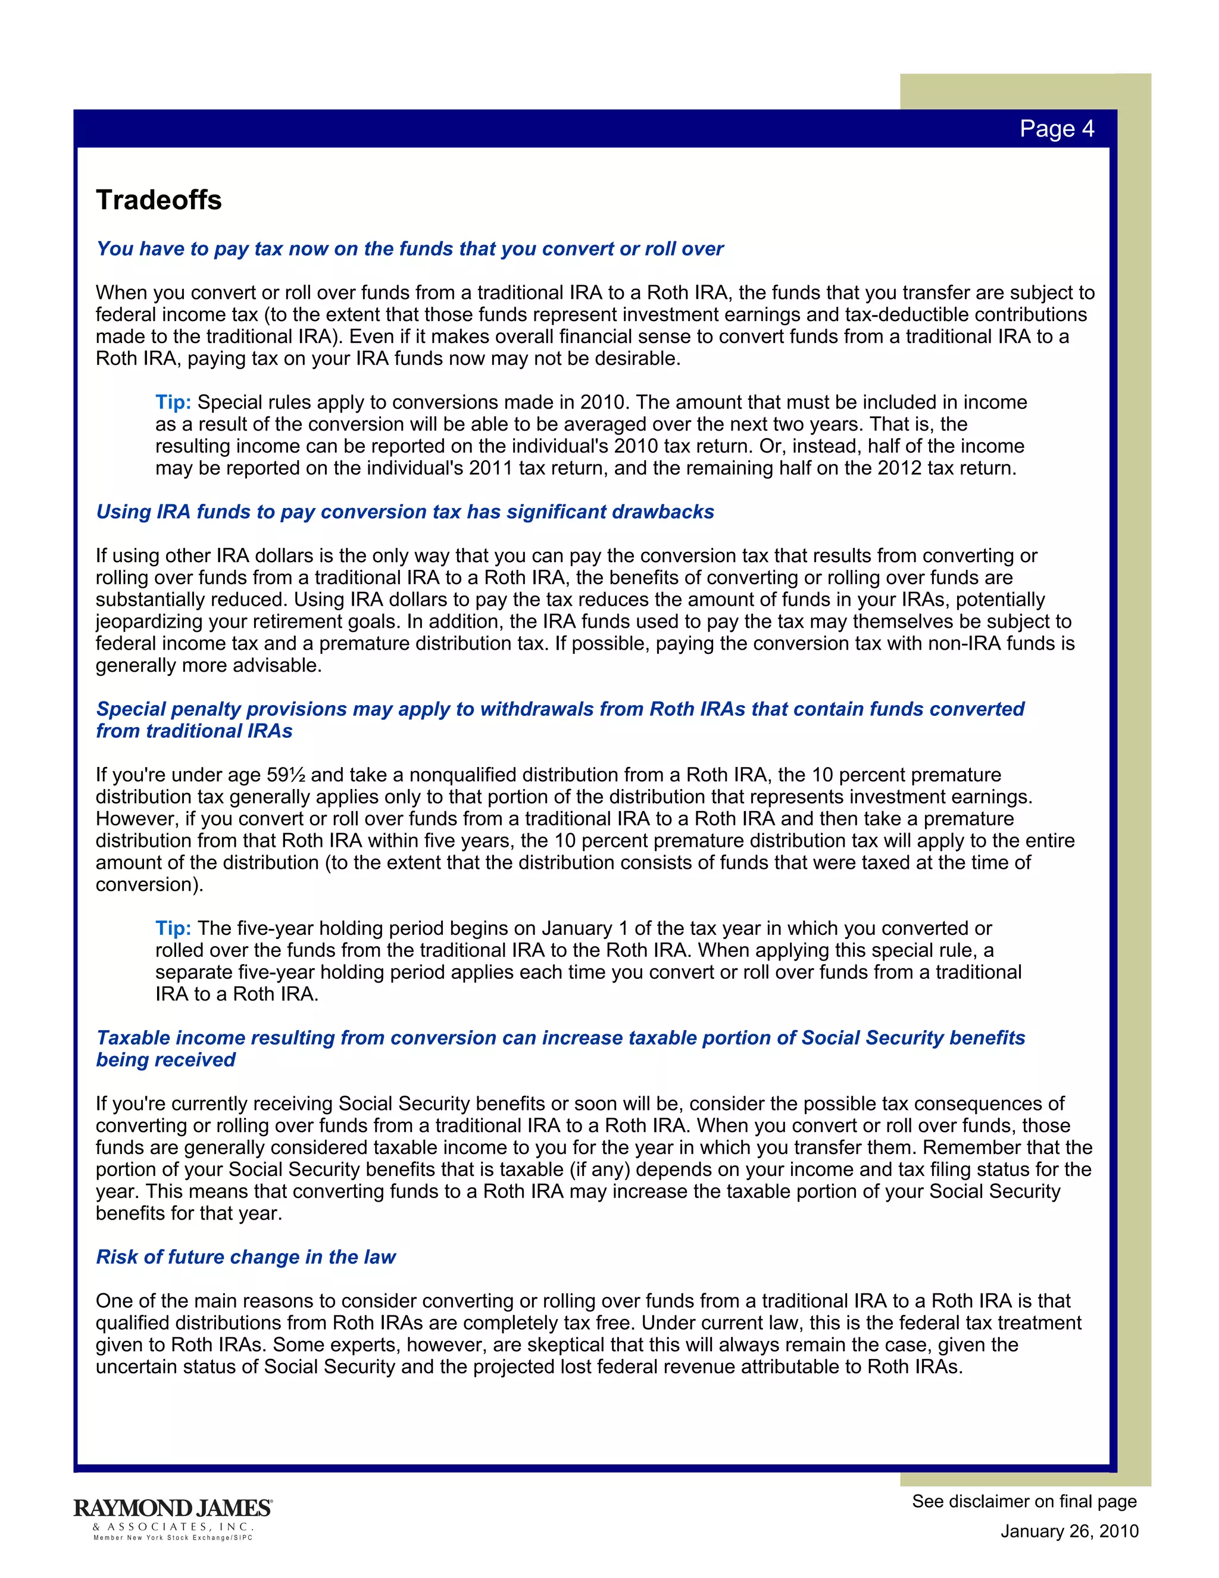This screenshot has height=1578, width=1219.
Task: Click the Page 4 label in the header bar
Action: (1056, 129)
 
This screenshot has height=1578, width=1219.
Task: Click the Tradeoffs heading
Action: (159, 200)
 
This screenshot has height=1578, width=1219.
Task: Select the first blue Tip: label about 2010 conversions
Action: (173, 403)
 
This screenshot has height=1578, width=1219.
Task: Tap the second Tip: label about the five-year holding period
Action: (173, 928)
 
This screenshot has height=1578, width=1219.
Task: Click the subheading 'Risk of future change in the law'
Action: (246, 1256)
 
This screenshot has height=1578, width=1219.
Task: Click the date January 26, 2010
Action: (1069, 1531)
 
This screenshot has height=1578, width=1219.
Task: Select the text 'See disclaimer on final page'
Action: (1023, 1501)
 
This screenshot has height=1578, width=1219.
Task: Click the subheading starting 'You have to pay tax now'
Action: (410, 250)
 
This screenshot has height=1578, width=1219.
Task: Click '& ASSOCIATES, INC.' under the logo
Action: (173, 1527)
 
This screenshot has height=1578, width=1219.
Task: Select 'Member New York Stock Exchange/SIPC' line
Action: (173, 1538)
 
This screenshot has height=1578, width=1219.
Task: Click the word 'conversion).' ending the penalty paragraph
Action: (149, 885)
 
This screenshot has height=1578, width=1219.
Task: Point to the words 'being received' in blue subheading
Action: (165, 1060)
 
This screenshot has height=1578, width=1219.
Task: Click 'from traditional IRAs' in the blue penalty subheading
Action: (193, 731)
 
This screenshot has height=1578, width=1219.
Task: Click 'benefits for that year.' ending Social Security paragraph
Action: (189, 1213)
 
